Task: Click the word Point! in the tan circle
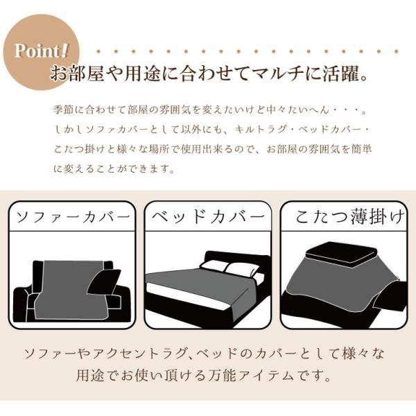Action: coord(42,51)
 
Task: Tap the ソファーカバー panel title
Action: coord(73,217)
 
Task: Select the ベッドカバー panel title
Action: coord(209,217)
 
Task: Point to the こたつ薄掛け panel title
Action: coord(349,217)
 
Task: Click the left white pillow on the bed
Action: coord(214,266)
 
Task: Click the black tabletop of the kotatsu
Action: coord(341,252)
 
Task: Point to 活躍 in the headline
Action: coord(340,73)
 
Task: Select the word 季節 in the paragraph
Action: coord(63,110)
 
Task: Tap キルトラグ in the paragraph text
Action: coord(261,130)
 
